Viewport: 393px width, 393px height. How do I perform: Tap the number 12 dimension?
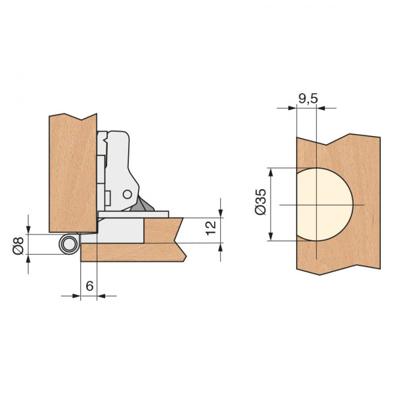tap(210, 228)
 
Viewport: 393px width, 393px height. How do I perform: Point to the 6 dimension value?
tap(89, 285)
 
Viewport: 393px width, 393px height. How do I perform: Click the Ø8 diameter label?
tap(19, 245)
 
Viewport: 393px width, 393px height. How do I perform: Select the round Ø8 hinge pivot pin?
tap(68, 245)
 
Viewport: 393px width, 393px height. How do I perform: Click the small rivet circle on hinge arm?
tap(127, 194)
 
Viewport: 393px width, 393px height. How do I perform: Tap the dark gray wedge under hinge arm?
tap(145, 206)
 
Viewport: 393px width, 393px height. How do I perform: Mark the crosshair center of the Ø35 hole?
tap(316, 205)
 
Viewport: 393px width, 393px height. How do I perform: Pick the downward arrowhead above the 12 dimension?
tap(221, 212)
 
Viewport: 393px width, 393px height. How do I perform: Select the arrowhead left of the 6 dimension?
tap(76, 296)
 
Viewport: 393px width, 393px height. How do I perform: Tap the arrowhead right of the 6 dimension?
tap(102, 296)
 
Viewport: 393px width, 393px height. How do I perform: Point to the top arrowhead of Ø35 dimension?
tap(271, 172)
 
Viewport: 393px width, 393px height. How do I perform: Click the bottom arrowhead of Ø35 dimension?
tap(271, 236)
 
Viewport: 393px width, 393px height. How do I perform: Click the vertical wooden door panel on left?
tap(71, 169)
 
